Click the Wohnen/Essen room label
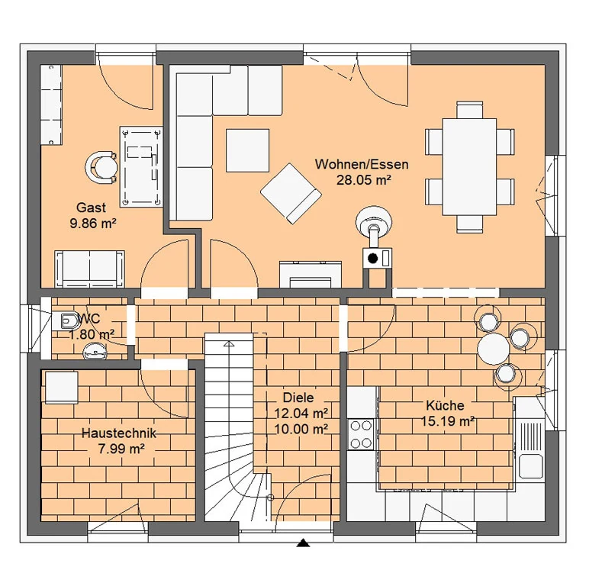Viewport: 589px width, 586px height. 362,165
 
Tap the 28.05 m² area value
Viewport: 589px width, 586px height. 364,180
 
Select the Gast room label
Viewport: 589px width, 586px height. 91,208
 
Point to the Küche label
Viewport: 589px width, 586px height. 445,406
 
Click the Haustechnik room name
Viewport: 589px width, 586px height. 119,433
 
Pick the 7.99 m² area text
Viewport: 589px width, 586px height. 121,449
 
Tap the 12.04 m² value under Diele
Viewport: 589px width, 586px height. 301,414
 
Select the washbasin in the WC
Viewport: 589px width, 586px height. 95,351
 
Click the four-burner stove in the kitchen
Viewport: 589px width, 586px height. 361,434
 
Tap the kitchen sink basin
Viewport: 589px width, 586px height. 530,465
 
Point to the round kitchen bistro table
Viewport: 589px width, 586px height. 493,349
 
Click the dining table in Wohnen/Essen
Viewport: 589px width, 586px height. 469,167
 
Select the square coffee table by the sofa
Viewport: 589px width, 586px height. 247,150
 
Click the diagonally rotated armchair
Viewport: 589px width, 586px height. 291,194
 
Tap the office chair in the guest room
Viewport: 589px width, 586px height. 101,167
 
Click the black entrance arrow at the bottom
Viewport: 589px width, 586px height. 303,543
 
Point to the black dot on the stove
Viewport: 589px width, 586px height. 372,259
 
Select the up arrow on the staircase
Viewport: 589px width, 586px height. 229,343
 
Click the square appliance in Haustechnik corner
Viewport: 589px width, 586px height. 62,388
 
